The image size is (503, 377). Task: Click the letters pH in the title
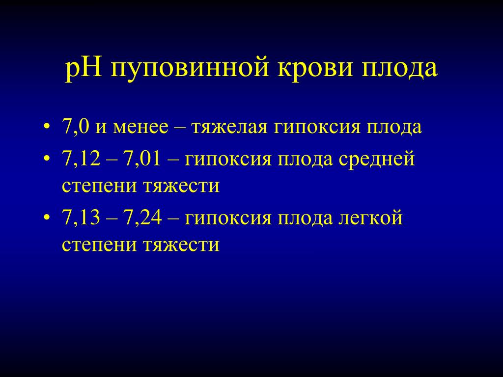coord(84,69)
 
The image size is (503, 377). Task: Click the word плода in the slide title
coord(400,69)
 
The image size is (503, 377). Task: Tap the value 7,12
coord(82,159)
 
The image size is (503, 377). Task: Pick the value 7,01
coord(142,159)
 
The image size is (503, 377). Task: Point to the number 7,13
coord(82,217)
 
